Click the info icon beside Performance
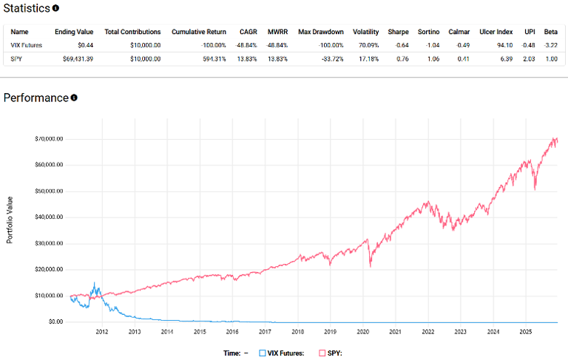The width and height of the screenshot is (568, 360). coord(74,98)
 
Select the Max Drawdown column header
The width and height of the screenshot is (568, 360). coord(320,32)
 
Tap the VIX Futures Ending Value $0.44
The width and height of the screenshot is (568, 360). coord(84,45)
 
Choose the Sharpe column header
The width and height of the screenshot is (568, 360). coord(398,32)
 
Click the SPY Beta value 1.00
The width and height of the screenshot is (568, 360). coord(552,58)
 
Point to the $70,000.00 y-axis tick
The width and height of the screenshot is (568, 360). coord(49,139)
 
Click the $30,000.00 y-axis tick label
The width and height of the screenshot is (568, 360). coord(49,243)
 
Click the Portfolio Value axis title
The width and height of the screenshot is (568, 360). coord(10,218)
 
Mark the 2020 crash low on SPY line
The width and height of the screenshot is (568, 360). coord(370,267)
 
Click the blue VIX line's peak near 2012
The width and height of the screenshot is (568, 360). coord(94,283)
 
